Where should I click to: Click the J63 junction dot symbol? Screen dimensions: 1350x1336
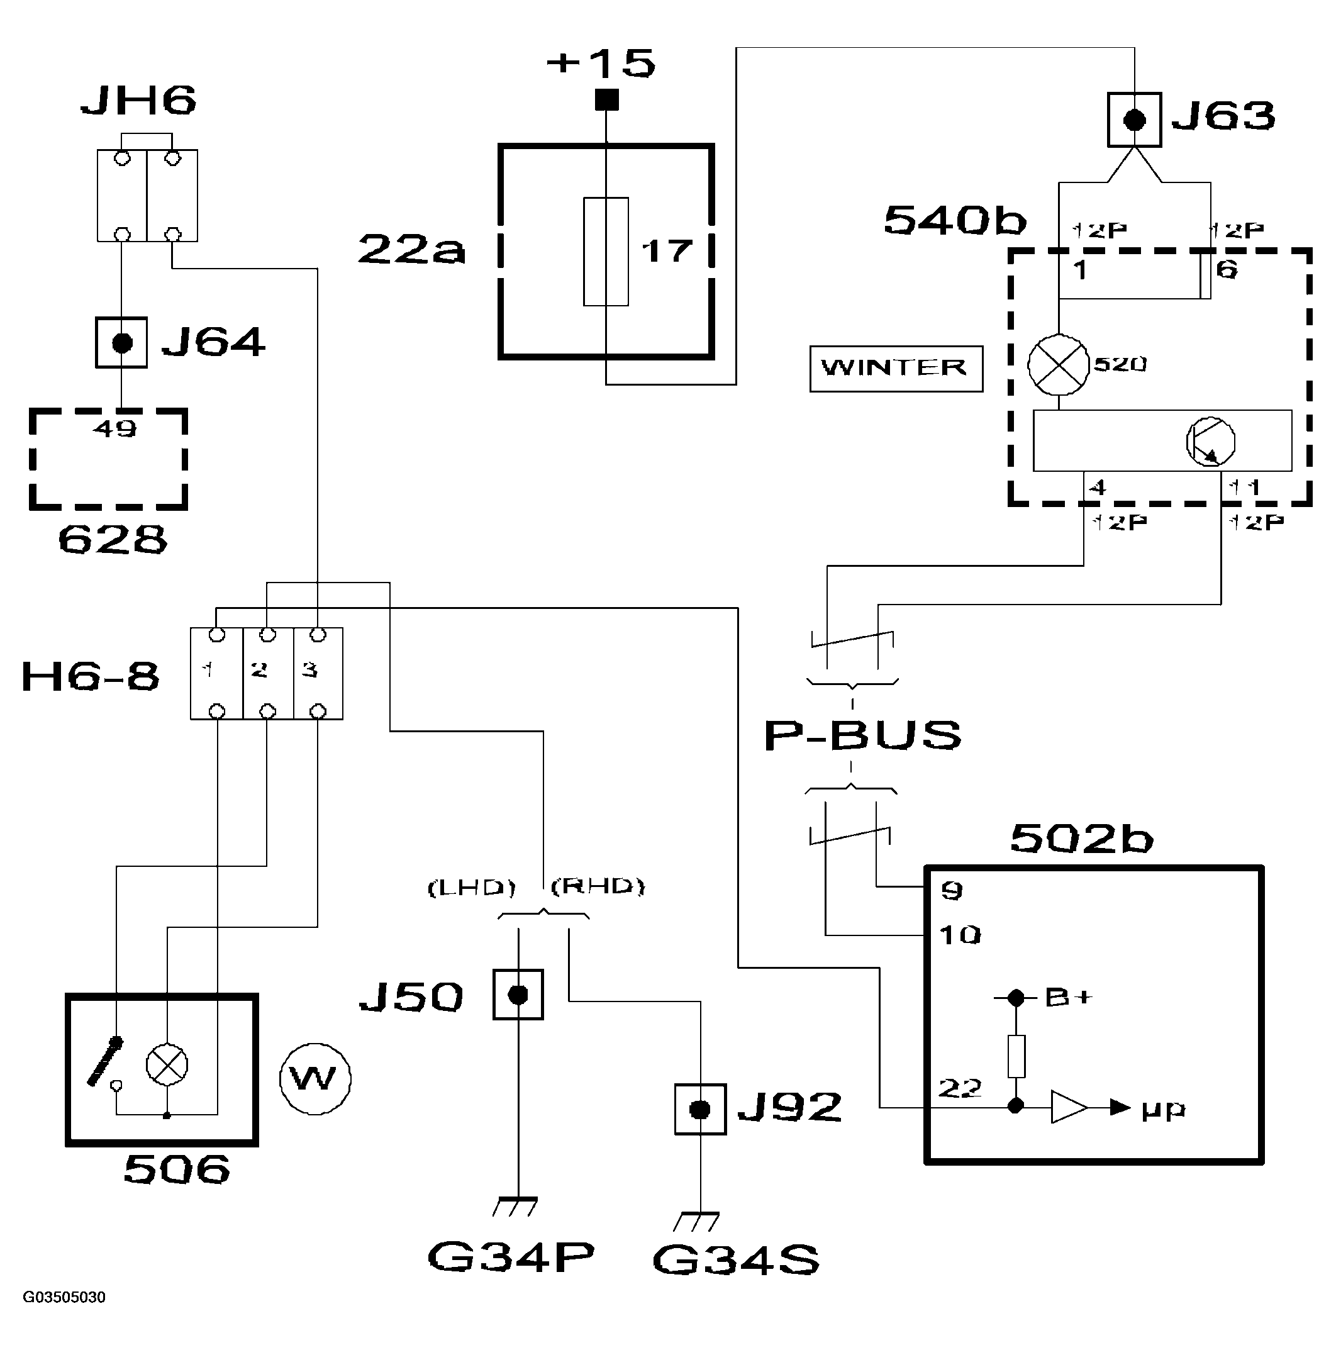pos(1134,120)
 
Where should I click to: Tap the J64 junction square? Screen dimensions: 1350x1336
pos(121,342)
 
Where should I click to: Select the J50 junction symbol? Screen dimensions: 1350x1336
pos(518,995)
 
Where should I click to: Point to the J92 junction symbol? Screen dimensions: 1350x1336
pos(699,1109)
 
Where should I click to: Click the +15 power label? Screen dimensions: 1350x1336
pos(601,63)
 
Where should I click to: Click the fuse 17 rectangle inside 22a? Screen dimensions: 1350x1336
pos(606,252)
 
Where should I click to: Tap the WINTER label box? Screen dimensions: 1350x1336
pos(896,368)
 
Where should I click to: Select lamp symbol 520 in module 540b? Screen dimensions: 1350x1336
pos(1058,365)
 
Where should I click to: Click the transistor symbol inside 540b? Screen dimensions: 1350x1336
pos(1210,442)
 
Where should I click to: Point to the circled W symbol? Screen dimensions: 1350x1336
pos(315,1079)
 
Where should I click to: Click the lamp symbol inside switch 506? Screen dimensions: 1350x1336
pos(166,1065)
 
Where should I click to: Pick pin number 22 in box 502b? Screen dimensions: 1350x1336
pos(959,1088)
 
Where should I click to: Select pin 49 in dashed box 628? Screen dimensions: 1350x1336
pos(115,428)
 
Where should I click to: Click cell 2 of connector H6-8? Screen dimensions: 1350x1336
pos(267,672)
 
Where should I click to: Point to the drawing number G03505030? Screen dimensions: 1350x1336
pos(64,1297)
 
